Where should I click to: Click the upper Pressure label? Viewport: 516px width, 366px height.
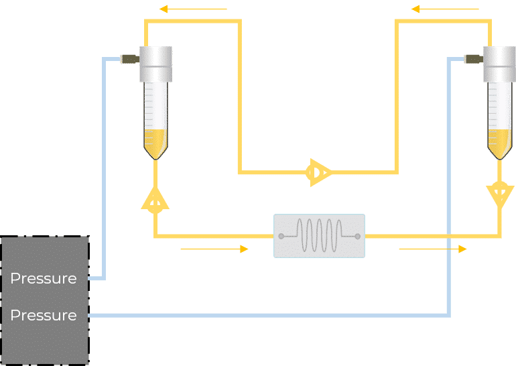point(44,278)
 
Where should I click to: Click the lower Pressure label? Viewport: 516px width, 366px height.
point(44,315)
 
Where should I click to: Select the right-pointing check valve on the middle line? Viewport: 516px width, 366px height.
point(317,173)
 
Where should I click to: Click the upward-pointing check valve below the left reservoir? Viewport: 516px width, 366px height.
point(155,200)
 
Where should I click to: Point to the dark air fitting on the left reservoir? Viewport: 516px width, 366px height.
point(129,59)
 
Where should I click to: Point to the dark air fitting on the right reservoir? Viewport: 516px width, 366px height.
point(474,59)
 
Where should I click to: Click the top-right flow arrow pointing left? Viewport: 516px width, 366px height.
point(445,9)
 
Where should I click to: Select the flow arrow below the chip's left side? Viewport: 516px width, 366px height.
point(214,249)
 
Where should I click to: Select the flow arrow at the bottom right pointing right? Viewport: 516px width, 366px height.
point(433,249)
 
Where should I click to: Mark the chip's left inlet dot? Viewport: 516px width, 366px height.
point(281,236)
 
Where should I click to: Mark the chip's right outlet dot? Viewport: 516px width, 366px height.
point(358,236)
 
